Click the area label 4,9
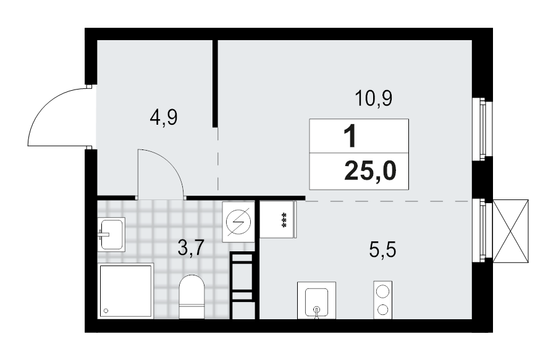pyautogui.click(x=164, y=117)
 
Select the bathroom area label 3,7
pyautogui.click(x=190, y=249)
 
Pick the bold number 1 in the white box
pyautogui.click(x=350, y=136)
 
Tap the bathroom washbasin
pyautogui.click(x=111, y=234)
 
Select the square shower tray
pyautogui.click(x=125, y=291)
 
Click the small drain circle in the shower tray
pyautogui.click(x=106, y=311)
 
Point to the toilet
pyautogui.click(x=191, y=298)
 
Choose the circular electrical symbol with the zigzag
pyautogui.click(x=238, y=220)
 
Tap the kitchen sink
pyautogui.click(x=317, y=300)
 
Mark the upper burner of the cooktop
pyautogui.click(x=384, y=291)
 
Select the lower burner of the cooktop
pyautogui.click(x=384, y=309)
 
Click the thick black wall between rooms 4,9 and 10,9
pyautogui.click(x=215, y=83)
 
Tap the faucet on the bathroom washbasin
pyautogui.click(x=103, y=234)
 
